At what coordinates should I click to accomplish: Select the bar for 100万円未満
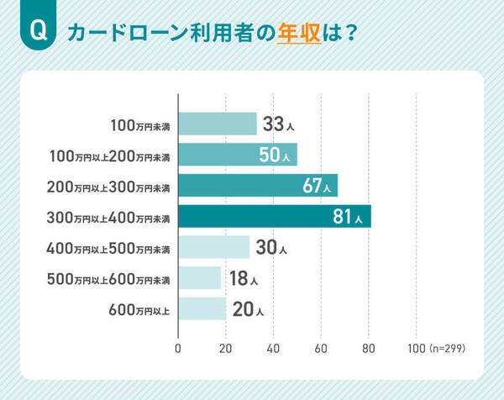218,124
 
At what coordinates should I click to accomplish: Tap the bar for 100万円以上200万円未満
238,155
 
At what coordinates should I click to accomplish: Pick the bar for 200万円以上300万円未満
258,186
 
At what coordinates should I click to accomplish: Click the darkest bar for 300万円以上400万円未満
275,217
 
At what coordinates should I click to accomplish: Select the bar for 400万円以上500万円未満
214,248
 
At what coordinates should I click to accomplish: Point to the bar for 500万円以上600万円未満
200,278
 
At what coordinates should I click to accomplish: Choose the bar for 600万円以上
202,309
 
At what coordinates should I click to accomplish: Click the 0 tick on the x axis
179,347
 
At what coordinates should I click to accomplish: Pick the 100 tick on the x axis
415,347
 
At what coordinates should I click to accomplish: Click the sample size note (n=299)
446,347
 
